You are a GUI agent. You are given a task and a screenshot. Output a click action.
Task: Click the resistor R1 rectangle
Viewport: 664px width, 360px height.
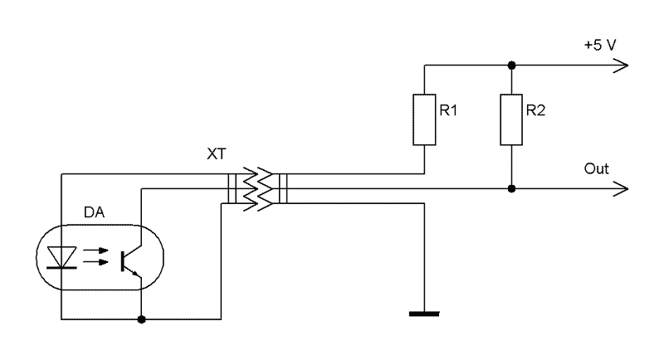click(x=424, y=121)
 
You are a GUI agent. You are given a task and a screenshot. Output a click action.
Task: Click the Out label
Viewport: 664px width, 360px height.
click(x=597, y=169)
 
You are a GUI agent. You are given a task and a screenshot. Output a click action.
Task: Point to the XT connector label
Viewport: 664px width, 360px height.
click(x=215, y=155)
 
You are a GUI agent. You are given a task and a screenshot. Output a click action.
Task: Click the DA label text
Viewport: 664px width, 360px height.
click(x=94, y=213)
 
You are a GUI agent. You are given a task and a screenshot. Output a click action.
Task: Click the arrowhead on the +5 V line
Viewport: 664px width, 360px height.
click(x=621, y=66)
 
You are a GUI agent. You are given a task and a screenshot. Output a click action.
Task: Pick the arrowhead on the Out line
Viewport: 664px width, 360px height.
click(x=621, y=189)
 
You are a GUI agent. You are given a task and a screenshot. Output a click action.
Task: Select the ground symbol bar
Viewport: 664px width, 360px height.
click(x=424, y=314)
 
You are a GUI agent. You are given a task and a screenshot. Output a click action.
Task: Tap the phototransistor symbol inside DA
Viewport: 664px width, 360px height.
click(x=129, y=259)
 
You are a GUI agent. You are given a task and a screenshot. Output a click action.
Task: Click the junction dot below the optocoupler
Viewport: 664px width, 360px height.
click(x=143, y=319)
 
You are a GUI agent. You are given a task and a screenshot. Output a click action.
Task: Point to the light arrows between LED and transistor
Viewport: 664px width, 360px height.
click(x=96, y=256)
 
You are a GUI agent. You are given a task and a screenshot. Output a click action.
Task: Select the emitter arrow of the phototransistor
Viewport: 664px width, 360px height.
click(x=137, y=271)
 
